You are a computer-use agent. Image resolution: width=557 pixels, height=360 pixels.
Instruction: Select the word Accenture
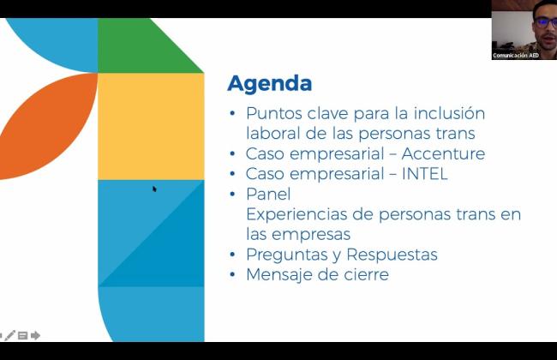point(443,154)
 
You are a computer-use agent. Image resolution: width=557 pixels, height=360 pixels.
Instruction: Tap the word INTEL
point(424,174)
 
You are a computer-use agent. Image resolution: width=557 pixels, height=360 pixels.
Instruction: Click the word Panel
point(268,194)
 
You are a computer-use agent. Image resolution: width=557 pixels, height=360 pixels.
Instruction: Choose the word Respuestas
point(392,255)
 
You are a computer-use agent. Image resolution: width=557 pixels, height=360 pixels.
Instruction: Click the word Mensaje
point(279,275)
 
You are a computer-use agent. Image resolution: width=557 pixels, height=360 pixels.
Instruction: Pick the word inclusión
point(449,113)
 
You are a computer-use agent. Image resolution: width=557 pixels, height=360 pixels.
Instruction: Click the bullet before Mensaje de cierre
point(233,274)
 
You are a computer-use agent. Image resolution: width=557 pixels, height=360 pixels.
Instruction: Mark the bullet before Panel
point(233,194)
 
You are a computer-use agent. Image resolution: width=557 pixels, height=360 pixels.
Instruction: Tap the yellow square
point(151,126)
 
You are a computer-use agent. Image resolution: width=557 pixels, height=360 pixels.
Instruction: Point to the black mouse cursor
point(154,189)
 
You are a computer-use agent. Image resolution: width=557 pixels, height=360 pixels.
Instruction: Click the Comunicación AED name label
point(515,56)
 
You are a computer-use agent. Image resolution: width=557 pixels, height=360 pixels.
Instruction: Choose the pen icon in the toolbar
point(9,335)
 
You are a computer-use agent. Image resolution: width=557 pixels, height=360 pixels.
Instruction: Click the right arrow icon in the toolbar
point(35,335)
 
